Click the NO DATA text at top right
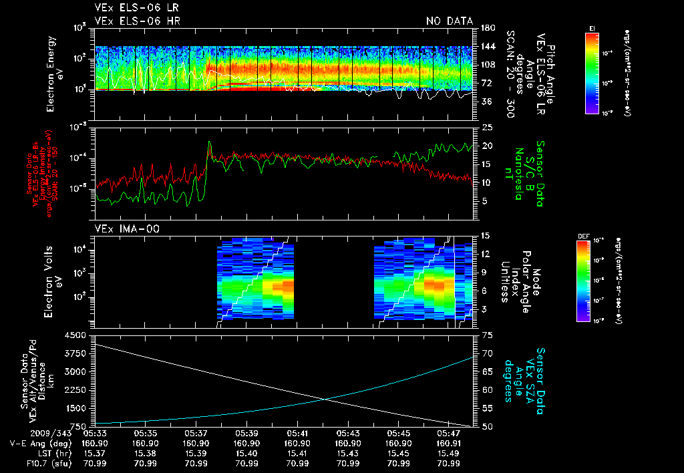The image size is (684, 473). pyautogui.click(x=450, y=21)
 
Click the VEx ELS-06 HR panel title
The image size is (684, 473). pyautogui.click(x=137, y=21)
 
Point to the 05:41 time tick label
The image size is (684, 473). pyautogui.click(x=297, y=432)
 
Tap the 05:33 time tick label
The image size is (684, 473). pyautogui.click(x=96, y=432)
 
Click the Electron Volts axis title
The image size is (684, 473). pyautogui.click(x=53, y=279)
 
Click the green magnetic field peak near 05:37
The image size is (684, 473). pyautogui.click(x=209, y=142)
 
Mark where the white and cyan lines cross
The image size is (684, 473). pyautogui.click(x=325, y=400)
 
